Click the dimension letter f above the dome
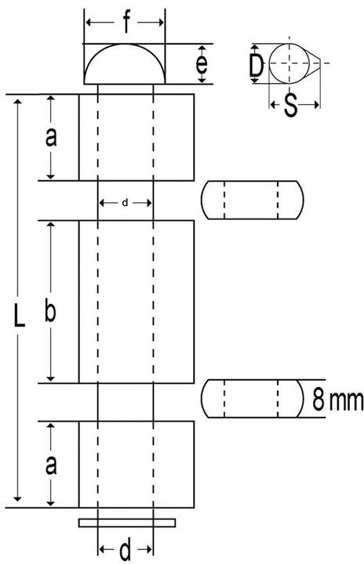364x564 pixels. [x=126, y=23]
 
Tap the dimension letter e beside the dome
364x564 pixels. [x=202, y=64]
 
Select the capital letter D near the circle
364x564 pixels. [x=257, y=65]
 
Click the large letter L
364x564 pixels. [x=19, y=316]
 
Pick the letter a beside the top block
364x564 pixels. [x=51, y=138]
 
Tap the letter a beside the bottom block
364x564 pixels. [x=51, y=465]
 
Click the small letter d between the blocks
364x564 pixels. [x=125, y=203]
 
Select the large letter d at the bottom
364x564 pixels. [x=125, y=550]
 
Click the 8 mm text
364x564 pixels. [x=337, y=399]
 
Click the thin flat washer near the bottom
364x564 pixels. [x=127, y=523]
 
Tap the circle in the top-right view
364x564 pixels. [x=289, y=44]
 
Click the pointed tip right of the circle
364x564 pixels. [x=320, y=63]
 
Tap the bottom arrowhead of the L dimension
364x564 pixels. [x=17, y=498]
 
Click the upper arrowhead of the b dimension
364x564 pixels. [x=51, y=226]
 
